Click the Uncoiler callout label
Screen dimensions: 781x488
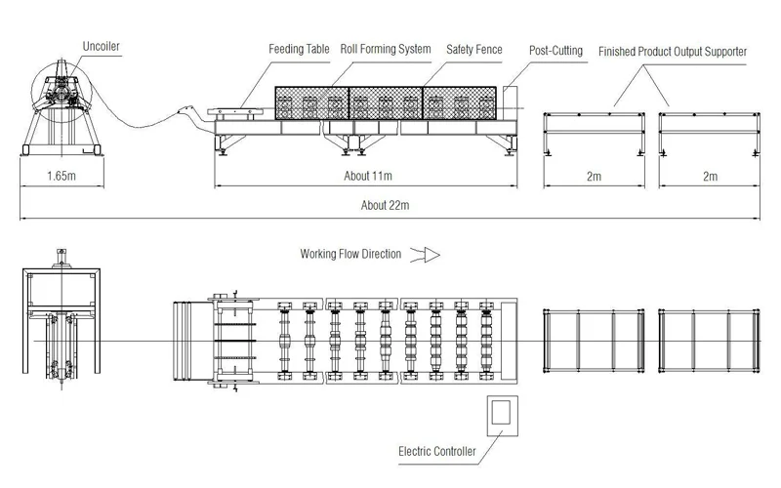[102, 46]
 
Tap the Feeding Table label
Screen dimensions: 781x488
[299, 49]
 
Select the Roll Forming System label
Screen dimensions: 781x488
[386, 49]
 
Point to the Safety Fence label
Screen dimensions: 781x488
[474, 50]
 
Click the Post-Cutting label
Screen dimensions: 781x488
[555, 51]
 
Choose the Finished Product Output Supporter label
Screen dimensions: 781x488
[673, 52]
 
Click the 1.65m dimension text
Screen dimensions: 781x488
[62, 176]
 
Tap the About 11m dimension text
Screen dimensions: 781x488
[368, 176]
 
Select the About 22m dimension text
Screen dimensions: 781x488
[385, 205]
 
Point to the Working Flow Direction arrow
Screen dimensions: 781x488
[426, 255]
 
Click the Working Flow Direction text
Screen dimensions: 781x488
[350, 254]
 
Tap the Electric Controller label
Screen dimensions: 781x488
[437, 452]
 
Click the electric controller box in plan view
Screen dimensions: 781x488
[503, 416]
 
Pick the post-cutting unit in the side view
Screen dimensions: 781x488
[510, 103]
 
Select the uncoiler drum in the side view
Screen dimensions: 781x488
[62, 92]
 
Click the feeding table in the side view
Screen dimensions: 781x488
[235, 112]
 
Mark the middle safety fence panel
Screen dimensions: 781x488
[386, 103]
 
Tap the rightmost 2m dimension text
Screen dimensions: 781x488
[711, 177]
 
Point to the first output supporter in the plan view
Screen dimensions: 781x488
[594, 341]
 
